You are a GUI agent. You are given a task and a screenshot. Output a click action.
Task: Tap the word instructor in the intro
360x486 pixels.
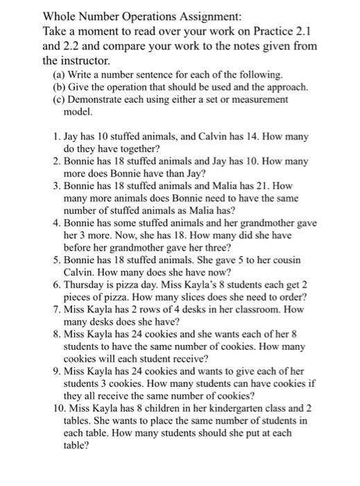click(80, 60)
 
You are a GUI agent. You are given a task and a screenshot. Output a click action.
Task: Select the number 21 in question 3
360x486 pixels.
click(261, 186)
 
